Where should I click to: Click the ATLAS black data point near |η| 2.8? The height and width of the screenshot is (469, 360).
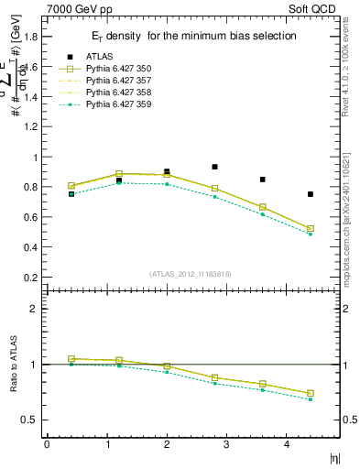[x=214, y=167]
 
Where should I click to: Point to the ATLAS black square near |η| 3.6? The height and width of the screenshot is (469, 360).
[x=263, y=180]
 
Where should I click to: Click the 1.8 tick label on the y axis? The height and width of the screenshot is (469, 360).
[x=29, y=38]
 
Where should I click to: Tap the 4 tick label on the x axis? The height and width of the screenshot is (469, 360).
[x=287, y=444]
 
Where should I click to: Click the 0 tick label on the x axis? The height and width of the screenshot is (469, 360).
[x=47, y=444]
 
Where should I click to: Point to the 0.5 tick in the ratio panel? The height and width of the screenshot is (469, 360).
[x=29, y=420]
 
